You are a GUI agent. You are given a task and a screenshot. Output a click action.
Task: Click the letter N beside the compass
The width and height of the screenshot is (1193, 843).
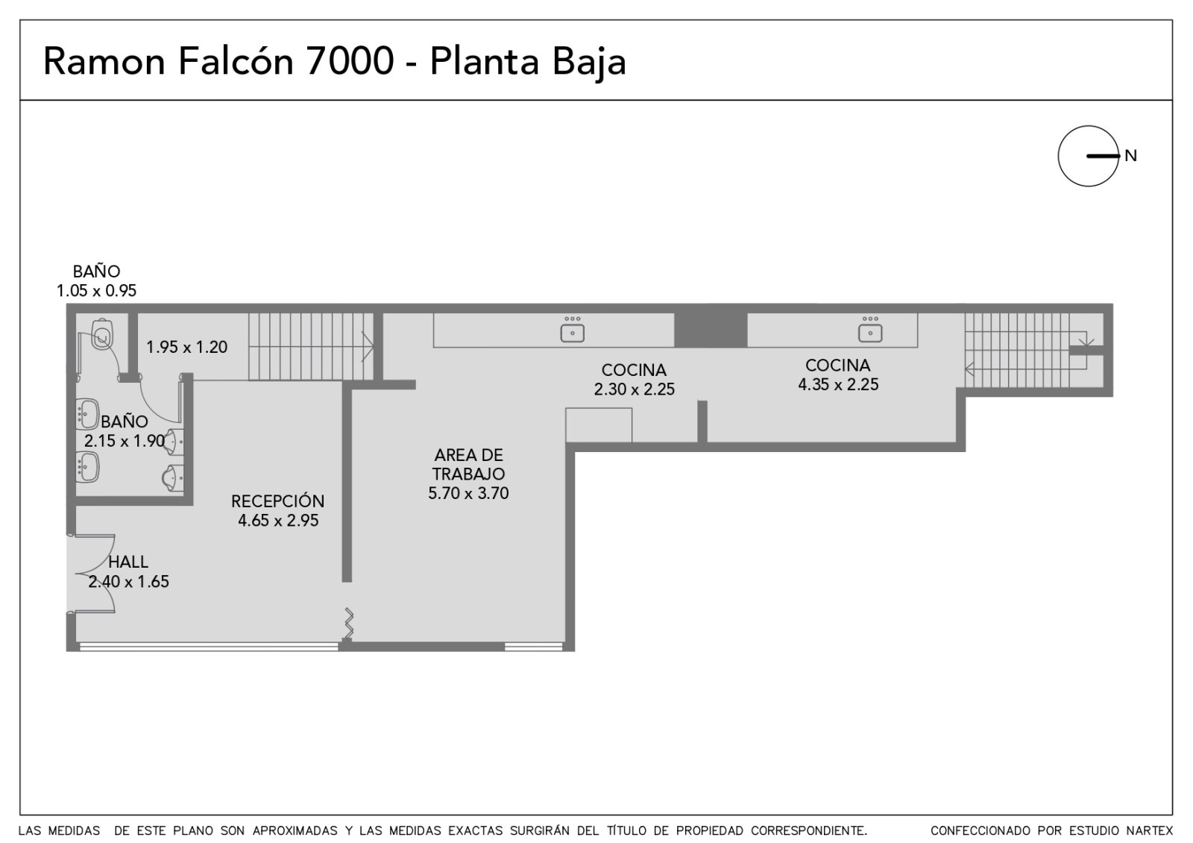click(x=1130, y=156)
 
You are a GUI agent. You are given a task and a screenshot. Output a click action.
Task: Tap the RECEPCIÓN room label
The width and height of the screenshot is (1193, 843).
click(x=277, y=501)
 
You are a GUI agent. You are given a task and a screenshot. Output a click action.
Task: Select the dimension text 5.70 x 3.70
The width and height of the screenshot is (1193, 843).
click(x=468, y=493)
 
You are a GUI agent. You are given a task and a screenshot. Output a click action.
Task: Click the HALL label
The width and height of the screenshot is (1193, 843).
click(x=128, y=562)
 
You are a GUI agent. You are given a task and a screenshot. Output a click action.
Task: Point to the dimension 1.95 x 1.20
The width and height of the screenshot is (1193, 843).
click(x=187, y=348)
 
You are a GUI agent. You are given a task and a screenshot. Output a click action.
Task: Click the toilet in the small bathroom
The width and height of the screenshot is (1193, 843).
click(x=101, y=334)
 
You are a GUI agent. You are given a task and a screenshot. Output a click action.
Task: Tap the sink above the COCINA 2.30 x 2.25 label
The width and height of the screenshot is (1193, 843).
click(x=572, y=329)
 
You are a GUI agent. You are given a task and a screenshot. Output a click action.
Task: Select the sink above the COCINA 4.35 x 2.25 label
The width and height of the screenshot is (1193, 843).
click(x=869, y=329)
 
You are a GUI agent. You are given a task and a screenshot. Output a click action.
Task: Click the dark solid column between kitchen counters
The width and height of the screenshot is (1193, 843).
click(x=711, y=330)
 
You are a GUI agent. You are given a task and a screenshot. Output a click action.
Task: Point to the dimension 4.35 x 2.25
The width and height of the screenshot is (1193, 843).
click(x=838, y=385)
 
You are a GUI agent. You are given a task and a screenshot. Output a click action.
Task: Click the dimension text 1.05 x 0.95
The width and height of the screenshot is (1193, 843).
click(x=96, y=291)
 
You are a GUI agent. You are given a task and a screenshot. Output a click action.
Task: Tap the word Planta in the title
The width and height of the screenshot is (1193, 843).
click(x=485, y=62)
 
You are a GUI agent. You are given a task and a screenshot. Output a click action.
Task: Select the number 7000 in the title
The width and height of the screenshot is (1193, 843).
click(x=350, y=61)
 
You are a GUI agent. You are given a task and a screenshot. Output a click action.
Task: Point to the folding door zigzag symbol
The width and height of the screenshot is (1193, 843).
click(x=349, y=623)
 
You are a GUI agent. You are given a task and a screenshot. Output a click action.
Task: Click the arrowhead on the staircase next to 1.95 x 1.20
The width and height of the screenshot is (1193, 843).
click(x=368, y=347)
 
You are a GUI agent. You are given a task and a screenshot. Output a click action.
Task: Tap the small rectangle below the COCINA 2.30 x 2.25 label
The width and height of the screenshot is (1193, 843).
click(x=599, y=425)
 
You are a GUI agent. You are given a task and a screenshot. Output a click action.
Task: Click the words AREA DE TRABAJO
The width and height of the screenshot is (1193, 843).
click(x=468, y=465)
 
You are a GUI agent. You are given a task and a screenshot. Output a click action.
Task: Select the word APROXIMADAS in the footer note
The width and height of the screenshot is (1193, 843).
click(x=295, y=830)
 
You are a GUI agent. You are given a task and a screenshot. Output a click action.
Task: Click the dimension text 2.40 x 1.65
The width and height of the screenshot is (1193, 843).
click(x=128, y=581)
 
